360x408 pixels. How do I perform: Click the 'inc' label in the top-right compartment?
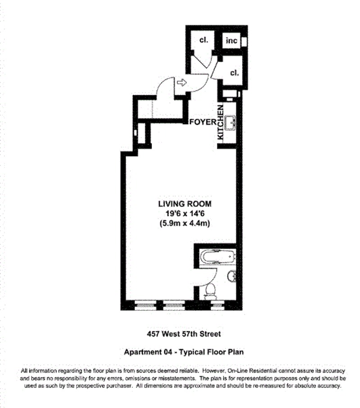tap(231, 41)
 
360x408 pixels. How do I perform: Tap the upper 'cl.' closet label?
tap(203, 40)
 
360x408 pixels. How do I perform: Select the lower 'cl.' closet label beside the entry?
tap(234, 73)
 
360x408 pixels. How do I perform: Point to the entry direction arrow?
tap(181, 82)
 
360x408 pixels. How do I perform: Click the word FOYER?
tap(202, 122)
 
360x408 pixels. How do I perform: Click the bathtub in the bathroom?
tap(218, 257)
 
